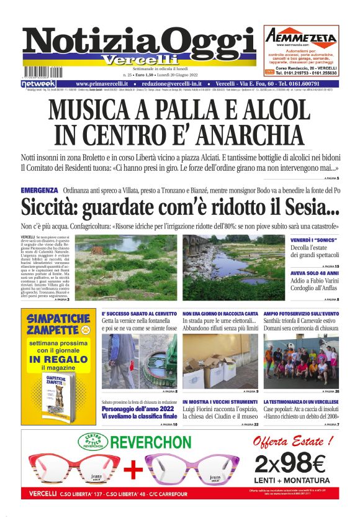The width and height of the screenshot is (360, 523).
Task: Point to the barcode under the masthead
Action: click(40, 71)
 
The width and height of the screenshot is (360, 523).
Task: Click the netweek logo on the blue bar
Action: click(38, 84)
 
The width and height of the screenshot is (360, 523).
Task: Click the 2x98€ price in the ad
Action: click(289, 463)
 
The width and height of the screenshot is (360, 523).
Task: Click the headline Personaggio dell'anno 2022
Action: click(138, 410)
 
